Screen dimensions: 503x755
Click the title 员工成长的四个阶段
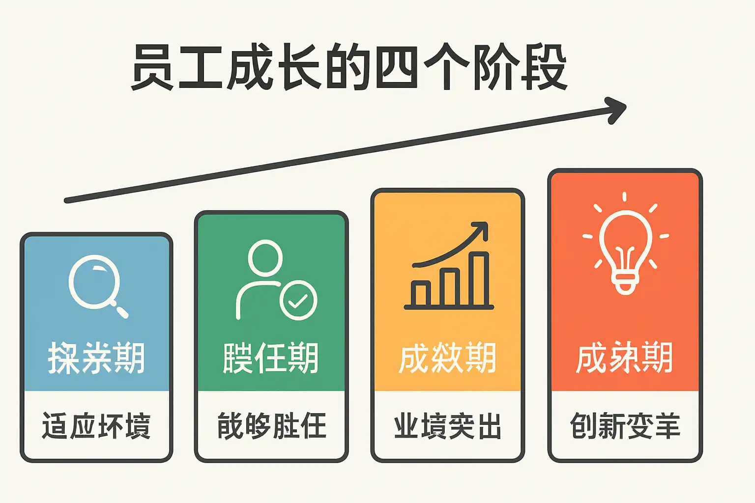(349, 68)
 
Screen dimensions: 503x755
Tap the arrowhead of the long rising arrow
(617, 109)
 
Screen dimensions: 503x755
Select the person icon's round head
(265, 257)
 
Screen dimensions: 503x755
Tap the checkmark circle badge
(298, 300)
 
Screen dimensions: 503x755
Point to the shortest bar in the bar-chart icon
(421, 293)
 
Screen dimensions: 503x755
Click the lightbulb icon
(625, 246)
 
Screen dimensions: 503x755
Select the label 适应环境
(96, 426)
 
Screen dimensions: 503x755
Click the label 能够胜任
(272, 426)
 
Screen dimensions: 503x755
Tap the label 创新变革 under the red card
(625, 426)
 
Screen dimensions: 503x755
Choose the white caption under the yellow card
(448, 426)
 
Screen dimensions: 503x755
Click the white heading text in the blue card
(96, 358)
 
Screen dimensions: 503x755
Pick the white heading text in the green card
(271, 358)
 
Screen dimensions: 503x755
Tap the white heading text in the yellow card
(447, 358)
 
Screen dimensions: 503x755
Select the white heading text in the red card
(624, 358)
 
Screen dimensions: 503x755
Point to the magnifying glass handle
(121, 311)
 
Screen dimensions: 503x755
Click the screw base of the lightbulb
(625, 284)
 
